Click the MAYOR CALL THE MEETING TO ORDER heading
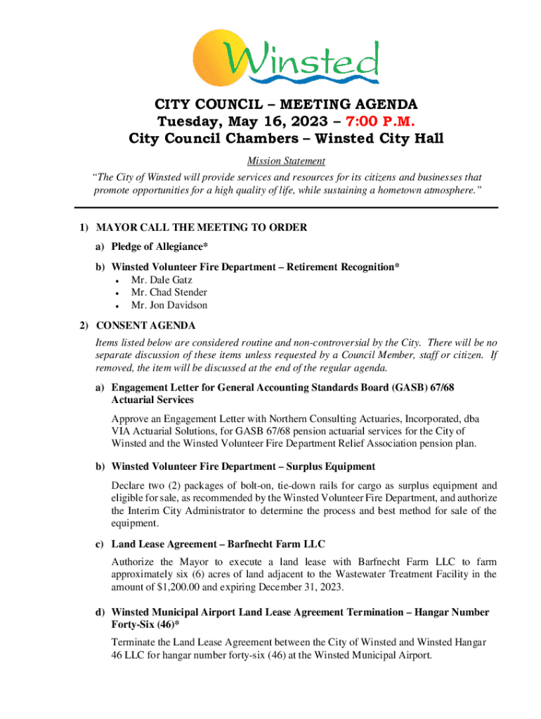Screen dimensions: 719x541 [x=201, y=228]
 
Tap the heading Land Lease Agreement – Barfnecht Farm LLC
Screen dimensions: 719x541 [x=218, y=545]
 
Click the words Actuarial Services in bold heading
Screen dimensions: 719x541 [x=152, y=400]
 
